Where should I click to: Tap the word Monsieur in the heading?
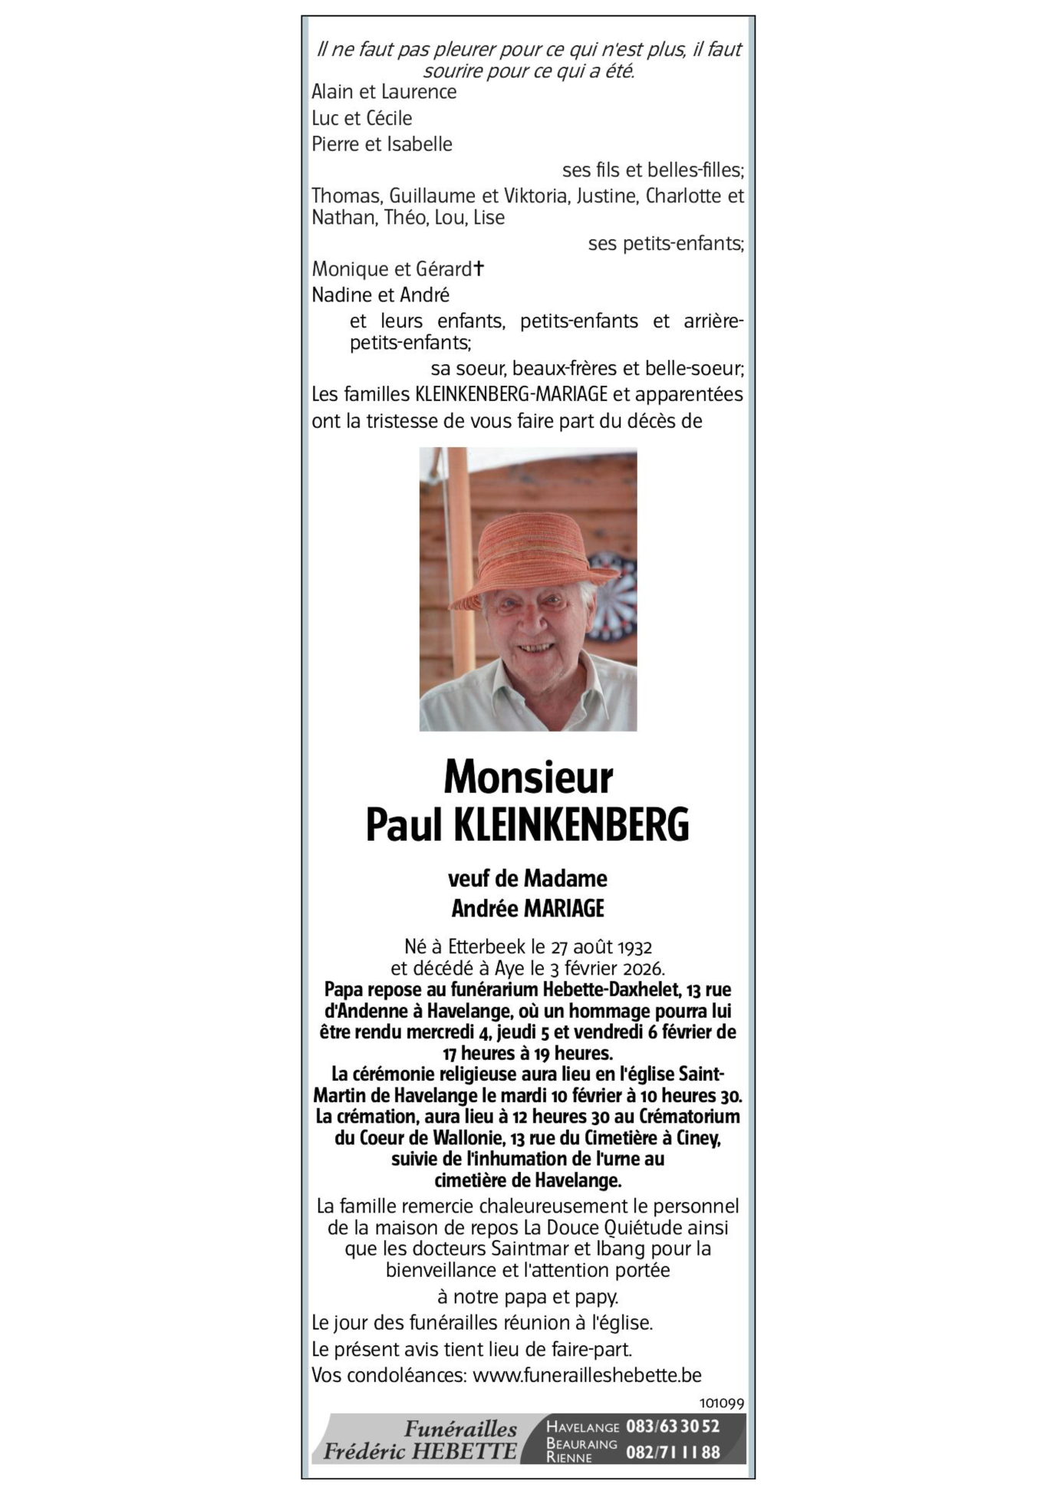528,778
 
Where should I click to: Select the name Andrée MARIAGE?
528,909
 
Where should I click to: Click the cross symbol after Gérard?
479,268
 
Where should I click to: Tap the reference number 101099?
721,1403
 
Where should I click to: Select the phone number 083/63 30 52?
673,1427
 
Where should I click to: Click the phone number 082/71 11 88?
673,1452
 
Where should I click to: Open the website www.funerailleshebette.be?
587,1375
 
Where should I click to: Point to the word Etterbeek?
487,947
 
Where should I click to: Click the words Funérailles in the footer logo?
460,1429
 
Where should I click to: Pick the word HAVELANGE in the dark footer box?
582,1427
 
